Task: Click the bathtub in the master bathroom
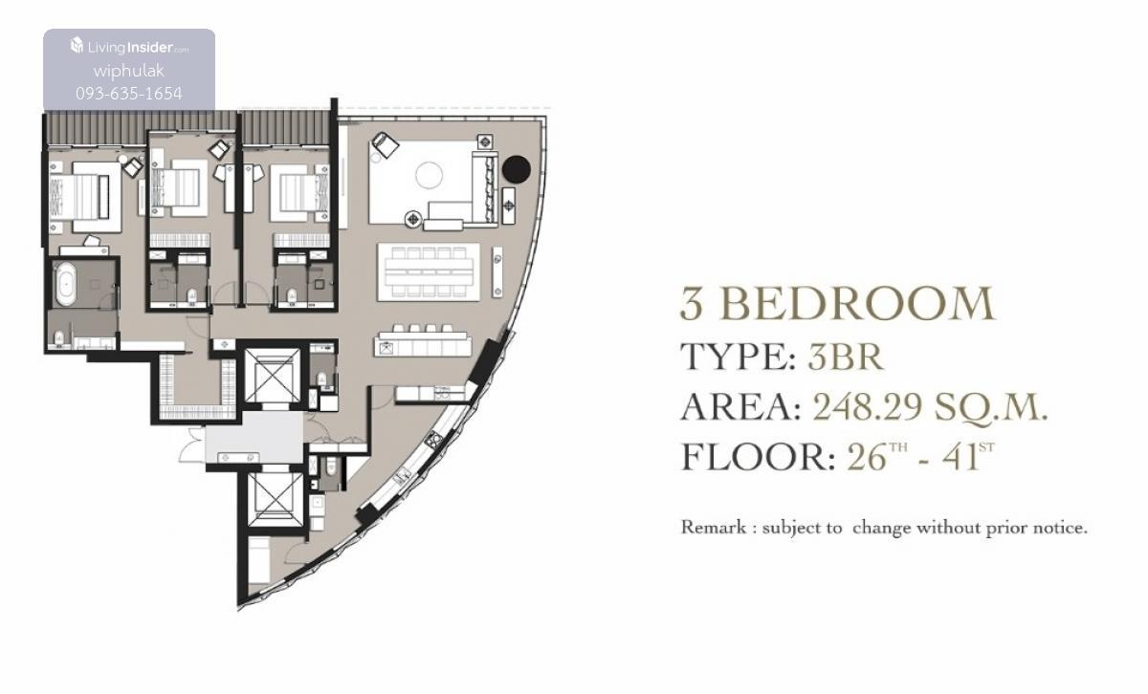click(x=66, y=284)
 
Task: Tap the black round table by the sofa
click(x=516, y=169)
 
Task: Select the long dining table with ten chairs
click(x=429, y=272)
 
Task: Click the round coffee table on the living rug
click(x=429, y=175)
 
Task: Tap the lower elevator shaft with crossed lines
click(x=276, y=499)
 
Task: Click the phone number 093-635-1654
click(x=129, y=94)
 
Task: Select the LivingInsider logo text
click(x=129, y=47)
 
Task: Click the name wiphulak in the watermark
click(x=129, y=71)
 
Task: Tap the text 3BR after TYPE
click(x=846, y=357)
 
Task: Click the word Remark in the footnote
click(x=714, y=527)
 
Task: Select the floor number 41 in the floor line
click(x=960, y=457)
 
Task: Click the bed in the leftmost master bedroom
click(x=85, y=197)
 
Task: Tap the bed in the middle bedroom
click(x=180, y=187)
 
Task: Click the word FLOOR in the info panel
click(x=758, y=457)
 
